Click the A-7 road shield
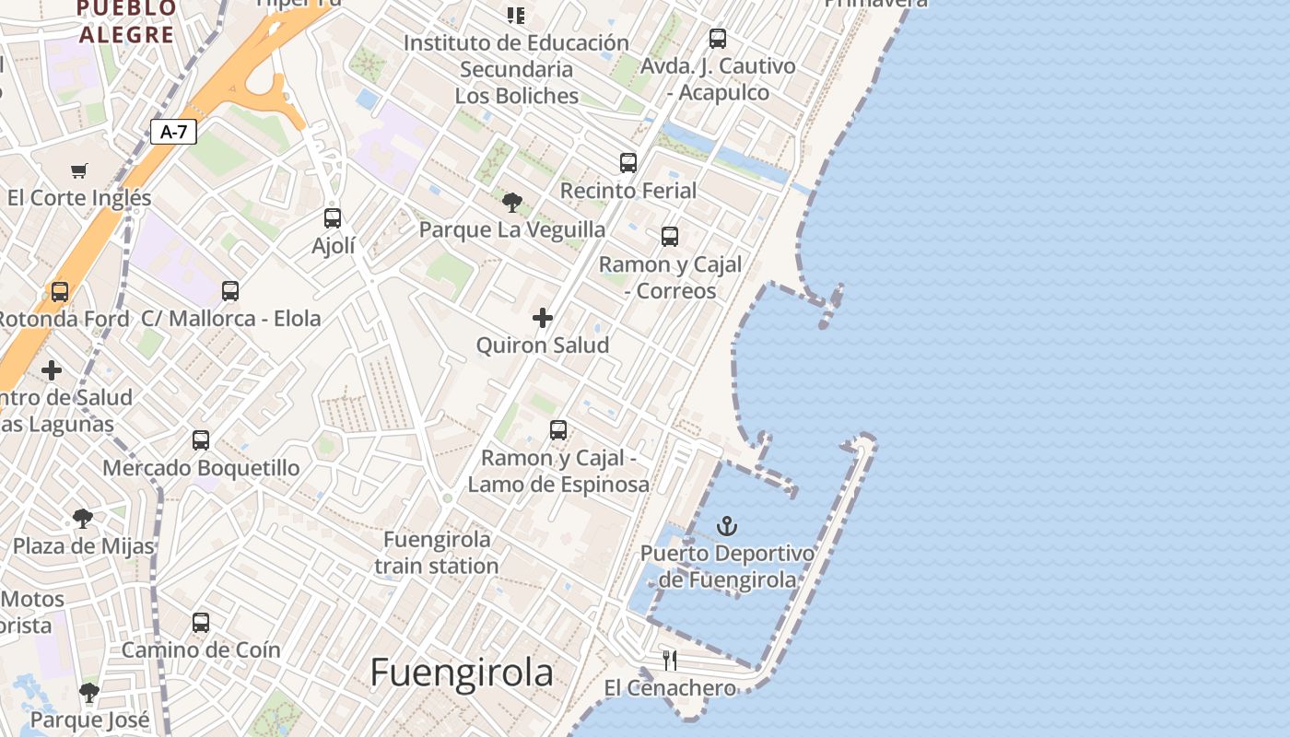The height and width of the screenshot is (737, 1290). click(x=173, y=132)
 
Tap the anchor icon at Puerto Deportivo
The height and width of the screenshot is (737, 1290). click(x=728, y=526)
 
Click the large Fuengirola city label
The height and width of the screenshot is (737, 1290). click(x=462, y=673)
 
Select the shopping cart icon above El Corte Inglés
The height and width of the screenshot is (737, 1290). click(x=79, y=170)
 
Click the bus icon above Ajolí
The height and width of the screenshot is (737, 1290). click(x=333, y=218)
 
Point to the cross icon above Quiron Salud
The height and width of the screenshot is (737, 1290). click(x=543, y=318)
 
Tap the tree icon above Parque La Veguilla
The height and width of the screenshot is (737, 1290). click(x=512, y=202)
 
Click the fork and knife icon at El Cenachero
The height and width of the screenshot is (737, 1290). click(x=670, y=660)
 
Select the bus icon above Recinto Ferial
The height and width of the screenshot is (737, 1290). click(x=628, y=163)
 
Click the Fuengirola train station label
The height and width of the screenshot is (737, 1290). click(x=437, y=553)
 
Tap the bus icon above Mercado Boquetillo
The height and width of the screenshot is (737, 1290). click(x=201, y=440)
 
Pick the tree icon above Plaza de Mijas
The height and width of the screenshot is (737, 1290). click(x=83, y=519)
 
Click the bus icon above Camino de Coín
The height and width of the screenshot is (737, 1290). click(x=201, y=623)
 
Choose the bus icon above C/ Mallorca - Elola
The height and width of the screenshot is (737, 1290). click(x=230, y=291)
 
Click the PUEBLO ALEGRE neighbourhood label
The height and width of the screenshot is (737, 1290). click(x=126, y=22)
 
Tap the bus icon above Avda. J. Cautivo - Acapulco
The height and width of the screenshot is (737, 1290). click(x=718, y=39)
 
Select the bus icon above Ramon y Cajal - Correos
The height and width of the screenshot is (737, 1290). click(x=670, y=237)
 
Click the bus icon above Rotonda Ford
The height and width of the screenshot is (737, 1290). click(x=60, y=292)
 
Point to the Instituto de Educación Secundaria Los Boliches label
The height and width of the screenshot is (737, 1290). click(x=516, y=69)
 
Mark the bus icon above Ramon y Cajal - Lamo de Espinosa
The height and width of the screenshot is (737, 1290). click(x=558, y=430)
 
